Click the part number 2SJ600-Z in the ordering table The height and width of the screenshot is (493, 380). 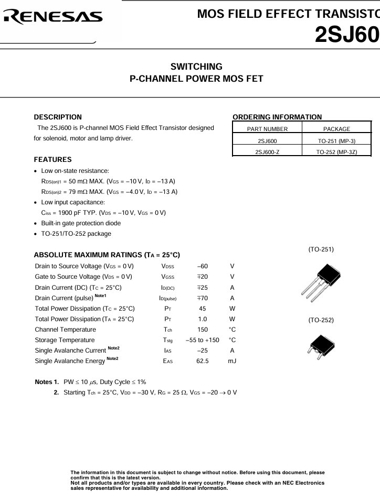(x=267, y=152)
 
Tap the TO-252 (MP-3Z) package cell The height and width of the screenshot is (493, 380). (x=336, y=152)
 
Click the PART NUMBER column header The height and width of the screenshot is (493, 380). (x=267, y=129)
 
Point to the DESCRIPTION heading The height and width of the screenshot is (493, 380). (x=58, y=117)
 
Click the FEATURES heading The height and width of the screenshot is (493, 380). (x=52, y=159)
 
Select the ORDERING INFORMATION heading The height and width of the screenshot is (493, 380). (x=277, y=117)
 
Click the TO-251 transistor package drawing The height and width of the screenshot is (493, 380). (x=320, y=280)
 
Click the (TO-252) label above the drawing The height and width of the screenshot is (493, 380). (x=321, y=320)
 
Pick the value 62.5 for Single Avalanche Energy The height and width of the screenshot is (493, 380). (x=202, y=361)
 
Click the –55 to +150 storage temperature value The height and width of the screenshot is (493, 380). (x=202, y=340)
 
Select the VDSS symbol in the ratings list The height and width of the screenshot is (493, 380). (x=168, y=266)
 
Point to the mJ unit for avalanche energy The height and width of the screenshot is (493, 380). (x=232, y=361)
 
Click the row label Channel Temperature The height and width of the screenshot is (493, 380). (x=65, y=330)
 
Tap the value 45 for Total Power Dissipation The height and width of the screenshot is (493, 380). (x=202, y=309)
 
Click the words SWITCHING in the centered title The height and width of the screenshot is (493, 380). (x=196, y=67)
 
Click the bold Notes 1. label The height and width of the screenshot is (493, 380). (x=46, y=382)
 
